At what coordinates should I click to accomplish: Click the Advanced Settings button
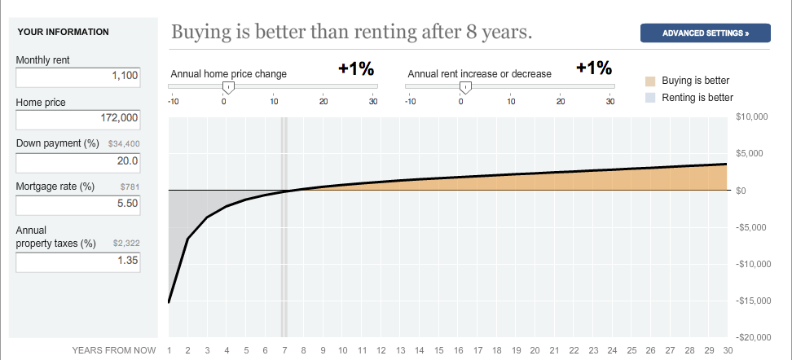(x=705, y=33)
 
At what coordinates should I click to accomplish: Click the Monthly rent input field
(x=77, y=77)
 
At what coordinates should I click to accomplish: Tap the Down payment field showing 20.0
(x=77, y=163)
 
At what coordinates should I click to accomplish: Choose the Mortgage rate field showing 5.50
(x=77, y=205)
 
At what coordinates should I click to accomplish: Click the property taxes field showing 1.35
(x=77, y=262)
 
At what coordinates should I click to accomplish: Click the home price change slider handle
(x=228, y=87)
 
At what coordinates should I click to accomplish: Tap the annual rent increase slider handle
(x=465, y=87)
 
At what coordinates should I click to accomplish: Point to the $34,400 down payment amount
(x=124, y=144)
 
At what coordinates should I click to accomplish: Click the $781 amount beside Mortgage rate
(x=130, y=187)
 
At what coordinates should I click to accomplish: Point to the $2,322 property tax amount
(x=127, y=244)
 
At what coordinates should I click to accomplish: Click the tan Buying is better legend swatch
(x=650, y=81)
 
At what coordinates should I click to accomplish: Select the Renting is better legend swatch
(x=650, y=98)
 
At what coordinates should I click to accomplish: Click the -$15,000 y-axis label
(x=750, y=301)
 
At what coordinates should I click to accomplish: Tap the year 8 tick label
(x=303, y=350)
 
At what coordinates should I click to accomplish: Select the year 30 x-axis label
(x=727, y=350)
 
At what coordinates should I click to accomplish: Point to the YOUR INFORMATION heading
(x=63, y=32)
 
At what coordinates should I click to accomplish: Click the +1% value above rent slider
(x=594, y=68)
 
